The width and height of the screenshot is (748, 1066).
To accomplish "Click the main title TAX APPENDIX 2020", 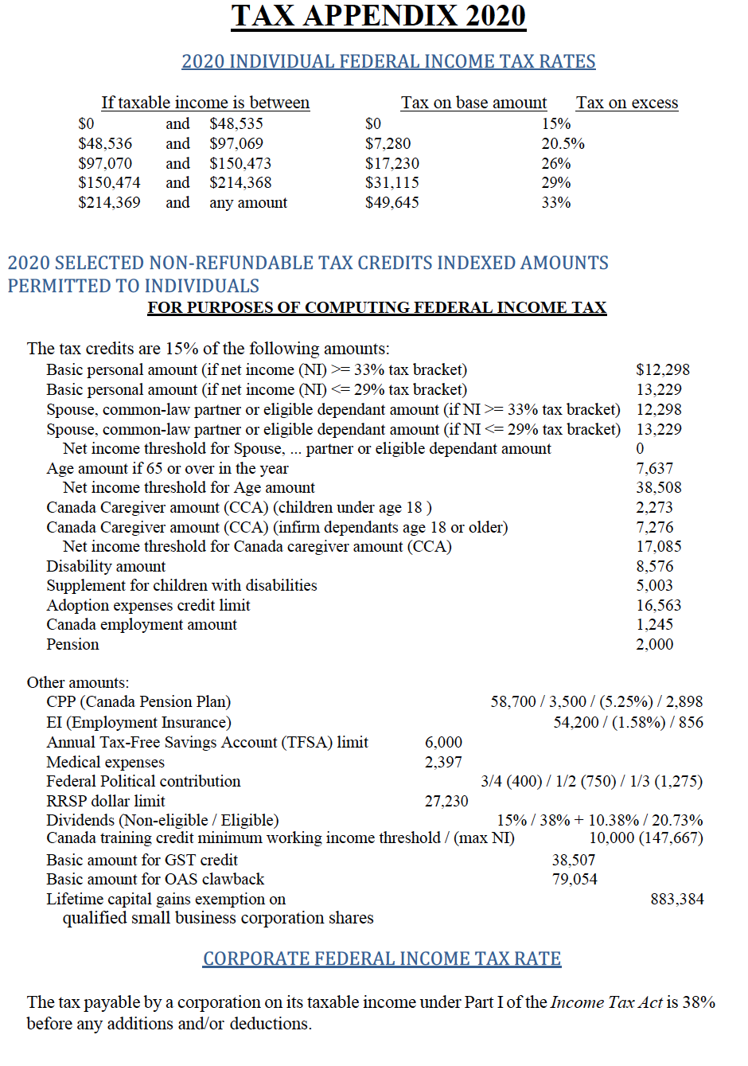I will point(378,16).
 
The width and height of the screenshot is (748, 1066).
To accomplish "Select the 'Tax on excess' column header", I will point(627,103).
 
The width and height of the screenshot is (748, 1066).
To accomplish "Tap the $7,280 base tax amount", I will point(388,143).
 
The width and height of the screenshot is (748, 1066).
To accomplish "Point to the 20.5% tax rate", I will point(563,143).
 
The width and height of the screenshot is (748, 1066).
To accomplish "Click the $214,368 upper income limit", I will point(240,182).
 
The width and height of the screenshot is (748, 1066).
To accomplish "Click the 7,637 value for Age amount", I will point(654,468).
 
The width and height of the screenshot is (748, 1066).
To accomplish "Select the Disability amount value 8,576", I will point(654,566).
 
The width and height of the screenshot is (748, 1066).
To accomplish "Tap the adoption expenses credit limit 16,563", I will point(658,605).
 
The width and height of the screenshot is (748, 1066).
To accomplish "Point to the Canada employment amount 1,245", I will point(654,624).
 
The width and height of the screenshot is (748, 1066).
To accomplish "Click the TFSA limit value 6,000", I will point(443,742).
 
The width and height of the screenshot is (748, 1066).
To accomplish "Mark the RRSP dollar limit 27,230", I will point(446,801).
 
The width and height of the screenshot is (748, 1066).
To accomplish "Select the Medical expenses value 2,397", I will point(443,762).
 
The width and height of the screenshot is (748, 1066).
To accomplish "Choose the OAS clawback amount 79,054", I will point(575,879).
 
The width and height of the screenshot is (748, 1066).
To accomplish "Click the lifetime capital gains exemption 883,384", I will point(676,899).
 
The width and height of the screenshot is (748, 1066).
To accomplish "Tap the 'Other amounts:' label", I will point(78,682).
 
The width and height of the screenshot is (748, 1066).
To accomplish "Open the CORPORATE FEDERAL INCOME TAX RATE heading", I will point(382,959).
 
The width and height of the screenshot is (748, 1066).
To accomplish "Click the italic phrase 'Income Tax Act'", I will point(606,1002).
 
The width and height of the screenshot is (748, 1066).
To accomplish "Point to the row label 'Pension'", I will point(72,644).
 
